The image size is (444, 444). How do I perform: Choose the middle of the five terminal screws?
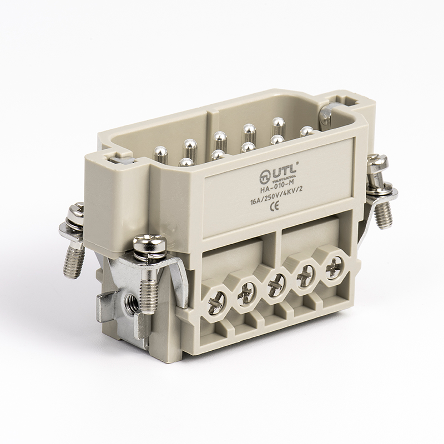click(275, 287)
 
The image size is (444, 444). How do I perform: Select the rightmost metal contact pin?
click(306, 132)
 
